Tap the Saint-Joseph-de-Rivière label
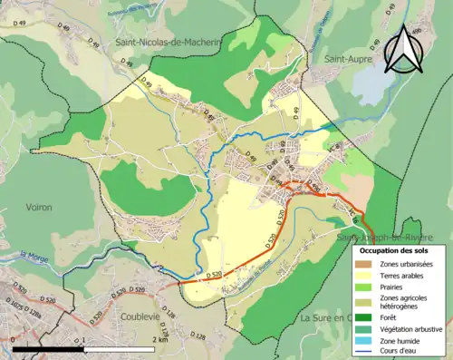tap(388, 237)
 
